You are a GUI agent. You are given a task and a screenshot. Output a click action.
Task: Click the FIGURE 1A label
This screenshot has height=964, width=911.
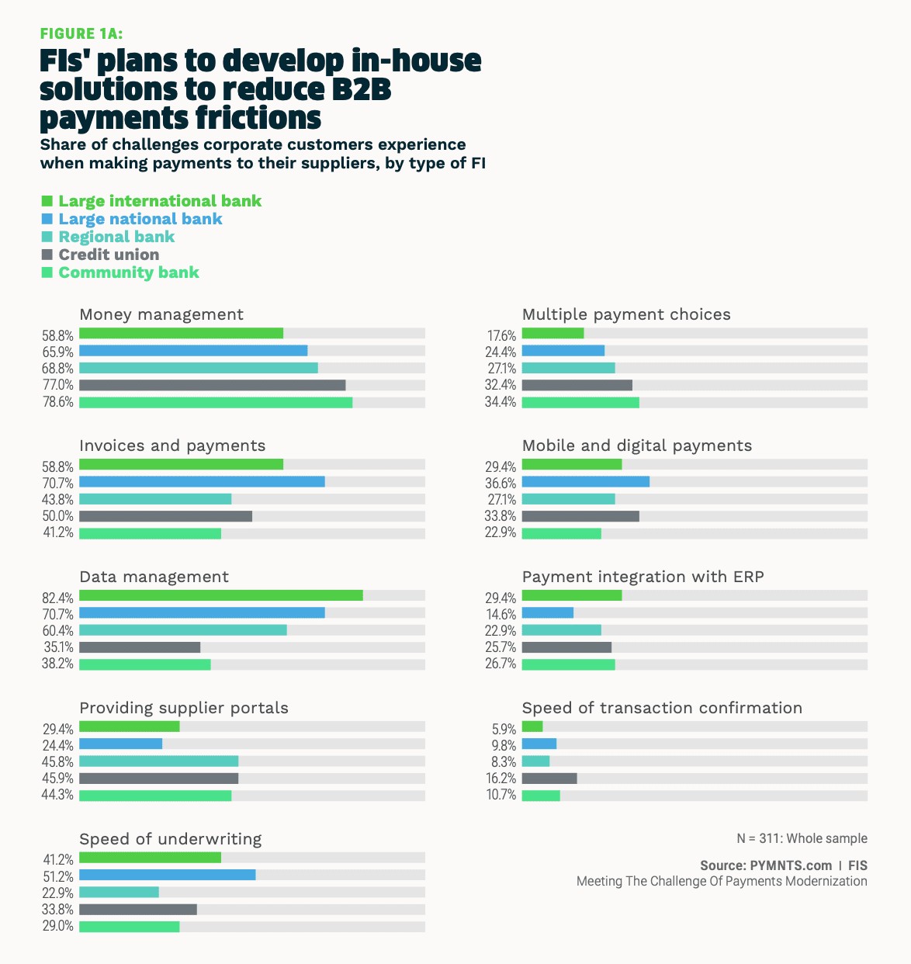point(81,33)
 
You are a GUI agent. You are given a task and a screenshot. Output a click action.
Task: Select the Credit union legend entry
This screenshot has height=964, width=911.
point(109,255)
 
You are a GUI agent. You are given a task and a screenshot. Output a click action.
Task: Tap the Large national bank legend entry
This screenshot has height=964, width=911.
point(140,219)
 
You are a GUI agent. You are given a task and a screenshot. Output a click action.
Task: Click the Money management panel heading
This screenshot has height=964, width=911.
point(161,314)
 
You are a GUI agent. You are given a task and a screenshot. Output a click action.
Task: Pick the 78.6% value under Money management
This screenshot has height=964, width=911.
point(58,403)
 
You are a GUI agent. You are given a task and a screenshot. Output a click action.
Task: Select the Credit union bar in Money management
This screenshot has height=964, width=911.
point(212,385)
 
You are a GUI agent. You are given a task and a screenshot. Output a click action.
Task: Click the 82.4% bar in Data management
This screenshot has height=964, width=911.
point(221,595)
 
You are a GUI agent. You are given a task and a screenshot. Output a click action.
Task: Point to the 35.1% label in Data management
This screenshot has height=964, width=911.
point(58,647)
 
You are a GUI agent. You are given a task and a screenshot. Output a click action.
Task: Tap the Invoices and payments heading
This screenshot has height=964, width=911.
point(172,446)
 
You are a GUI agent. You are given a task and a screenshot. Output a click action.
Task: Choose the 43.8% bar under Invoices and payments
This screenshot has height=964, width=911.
point(155,499)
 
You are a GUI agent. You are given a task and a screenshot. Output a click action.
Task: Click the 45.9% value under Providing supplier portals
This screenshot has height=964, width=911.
point(58,778)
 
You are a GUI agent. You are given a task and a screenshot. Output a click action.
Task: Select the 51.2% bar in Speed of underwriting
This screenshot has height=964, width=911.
point(167,875)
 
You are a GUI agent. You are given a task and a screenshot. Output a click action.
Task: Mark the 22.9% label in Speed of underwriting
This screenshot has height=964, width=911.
point(58,893)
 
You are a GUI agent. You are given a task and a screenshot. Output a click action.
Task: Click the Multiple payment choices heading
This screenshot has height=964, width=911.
point(626,314)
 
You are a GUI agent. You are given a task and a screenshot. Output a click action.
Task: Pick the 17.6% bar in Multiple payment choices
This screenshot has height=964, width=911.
point(552,334)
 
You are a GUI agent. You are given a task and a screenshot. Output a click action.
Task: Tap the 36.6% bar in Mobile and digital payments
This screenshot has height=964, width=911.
point(586,482)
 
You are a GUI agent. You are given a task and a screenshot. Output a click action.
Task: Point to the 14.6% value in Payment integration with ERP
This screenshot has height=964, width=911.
point(501,613)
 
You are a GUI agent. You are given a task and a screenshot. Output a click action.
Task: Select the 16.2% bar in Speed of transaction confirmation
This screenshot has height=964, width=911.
point(549,778)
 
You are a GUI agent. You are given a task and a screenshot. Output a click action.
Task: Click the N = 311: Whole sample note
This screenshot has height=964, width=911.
point(802,838)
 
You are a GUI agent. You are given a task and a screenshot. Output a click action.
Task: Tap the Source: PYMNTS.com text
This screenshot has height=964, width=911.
point(765,865)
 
